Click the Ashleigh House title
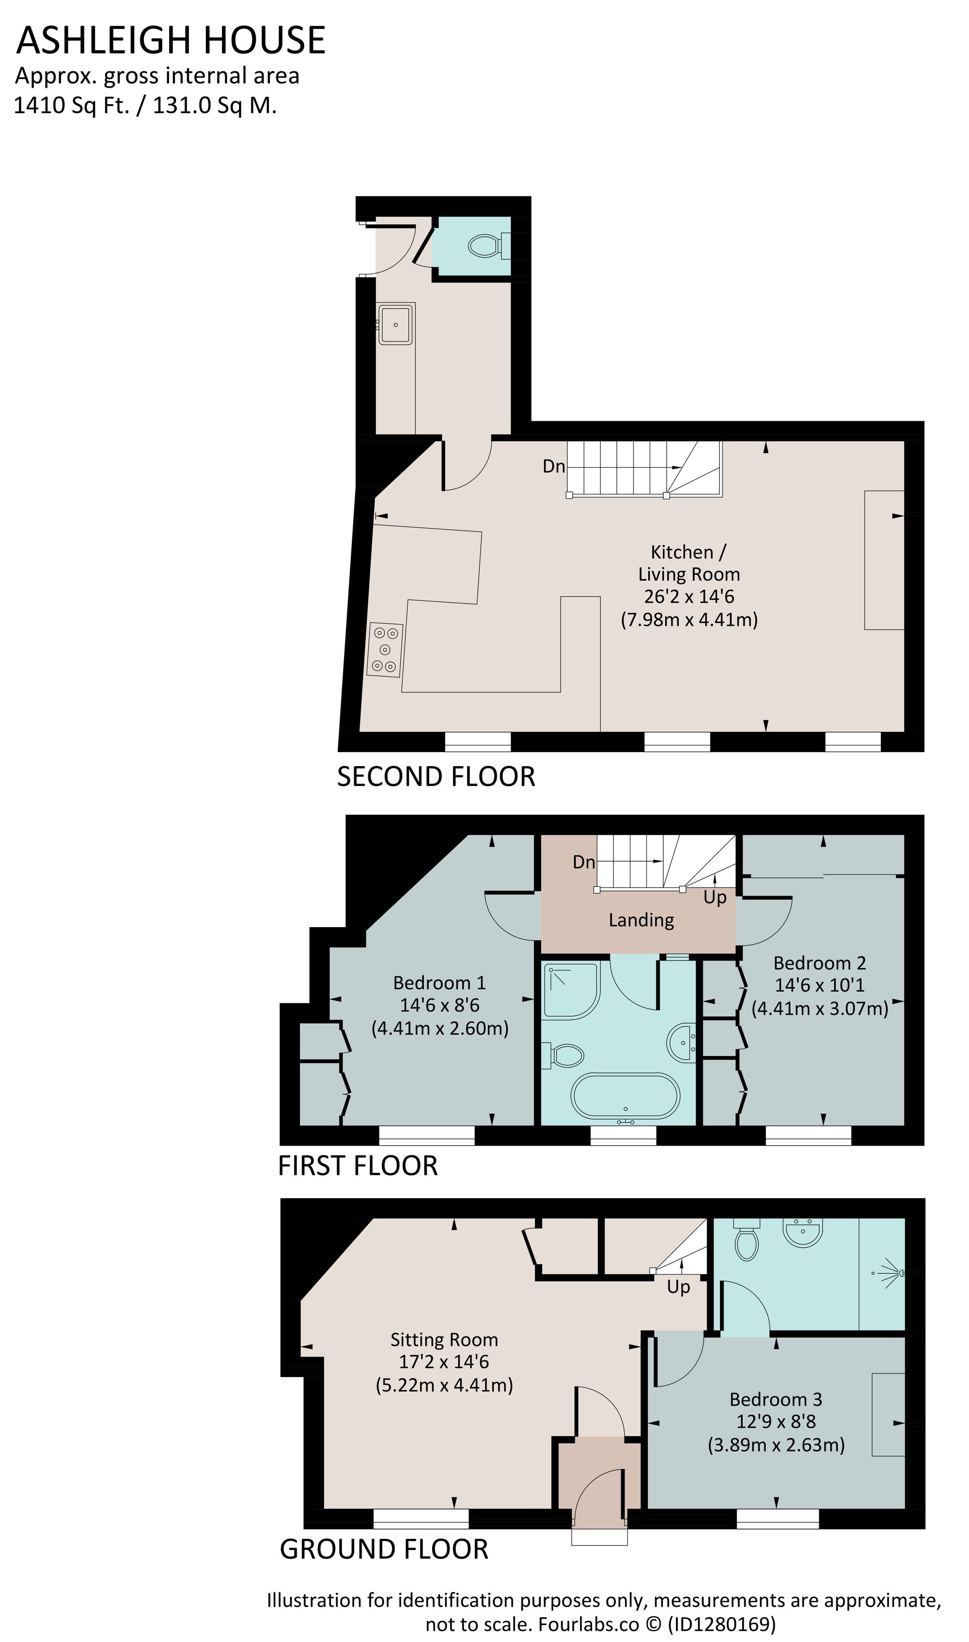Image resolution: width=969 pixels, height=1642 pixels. (171, 41)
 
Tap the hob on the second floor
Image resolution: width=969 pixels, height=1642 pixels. (385, 650)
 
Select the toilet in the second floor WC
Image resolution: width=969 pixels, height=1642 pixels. (484, 246)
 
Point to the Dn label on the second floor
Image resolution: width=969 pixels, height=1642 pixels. (554, 466)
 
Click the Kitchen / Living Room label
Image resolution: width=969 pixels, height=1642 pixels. (689, 563)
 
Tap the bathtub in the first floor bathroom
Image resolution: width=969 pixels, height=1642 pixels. (625, 1095)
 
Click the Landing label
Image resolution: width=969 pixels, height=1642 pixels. (641, 920)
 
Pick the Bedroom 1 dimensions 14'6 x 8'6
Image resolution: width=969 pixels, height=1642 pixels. (440, 1005)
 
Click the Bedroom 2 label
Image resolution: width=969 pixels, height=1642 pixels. (819, 963)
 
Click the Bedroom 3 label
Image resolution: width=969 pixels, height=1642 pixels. (776, 1400)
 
